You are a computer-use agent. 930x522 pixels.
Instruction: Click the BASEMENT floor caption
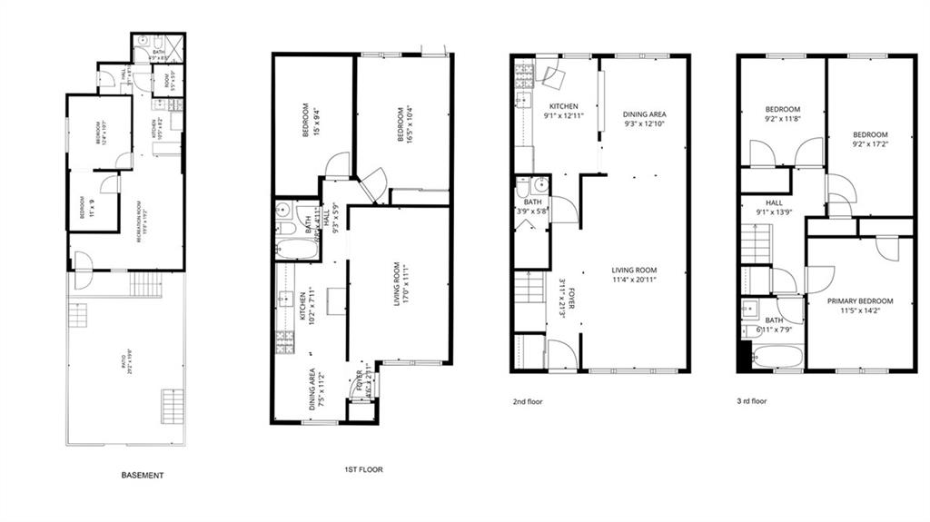pyautogui.click(x=143, y=475)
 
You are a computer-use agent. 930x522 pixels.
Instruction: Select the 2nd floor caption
pyautogui.click(x=527, y=400)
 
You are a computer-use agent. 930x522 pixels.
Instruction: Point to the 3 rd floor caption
pyautogui.click(x=753, y=400)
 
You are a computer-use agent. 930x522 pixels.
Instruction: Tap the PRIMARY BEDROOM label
pyautogui.click(x=859, y=301)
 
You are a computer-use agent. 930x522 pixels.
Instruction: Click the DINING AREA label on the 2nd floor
pyautogui.click(x=644, y=114)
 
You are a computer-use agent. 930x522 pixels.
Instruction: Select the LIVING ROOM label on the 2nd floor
pyautogui.click(x=634, y=271)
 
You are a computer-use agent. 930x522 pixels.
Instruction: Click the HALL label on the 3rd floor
pyautogui.click(x=774, y=203)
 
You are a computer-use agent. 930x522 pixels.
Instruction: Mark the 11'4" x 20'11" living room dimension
pyautogui.click(x=634, y=281)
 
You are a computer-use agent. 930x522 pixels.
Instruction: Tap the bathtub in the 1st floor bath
pyautogui.click(x=297, y=249)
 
